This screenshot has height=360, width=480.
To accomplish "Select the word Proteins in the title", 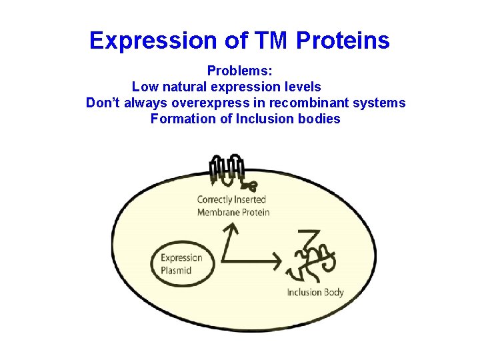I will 343,41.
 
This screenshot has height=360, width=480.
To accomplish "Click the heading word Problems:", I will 239,70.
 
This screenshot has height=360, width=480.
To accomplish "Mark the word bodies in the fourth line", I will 318,119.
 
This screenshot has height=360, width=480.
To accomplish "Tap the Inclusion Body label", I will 315,292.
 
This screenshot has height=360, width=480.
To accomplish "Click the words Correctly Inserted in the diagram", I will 231,199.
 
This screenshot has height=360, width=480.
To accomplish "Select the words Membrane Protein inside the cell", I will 233,212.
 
